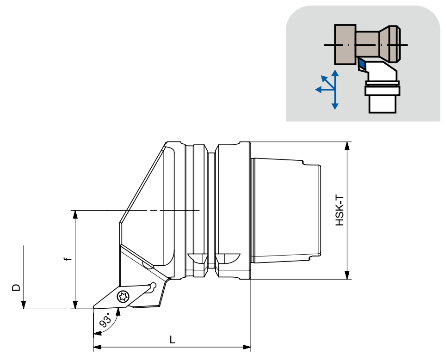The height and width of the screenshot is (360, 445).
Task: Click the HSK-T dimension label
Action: (x=340, y=210)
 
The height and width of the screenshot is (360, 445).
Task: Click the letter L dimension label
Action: (x=172, y=340)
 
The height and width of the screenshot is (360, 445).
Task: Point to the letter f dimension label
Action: (x=67, y=259)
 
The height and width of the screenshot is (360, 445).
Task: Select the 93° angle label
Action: (x=105, y=320)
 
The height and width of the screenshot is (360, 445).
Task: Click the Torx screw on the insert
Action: (x=123, y=297)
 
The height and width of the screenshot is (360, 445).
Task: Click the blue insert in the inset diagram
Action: (x=362, y=63)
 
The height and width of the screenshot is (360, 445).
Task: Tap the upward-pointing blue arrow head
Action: (x=335, y=73)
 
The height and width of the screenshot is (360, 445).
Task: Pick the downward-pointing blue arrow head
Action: (x=335, y=106)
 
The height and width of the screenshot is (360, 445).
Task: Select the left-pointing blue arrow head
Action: (x=318, y=90)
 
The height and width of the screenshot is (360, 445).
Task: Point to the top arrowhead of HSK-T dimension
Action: (x=347, y=146)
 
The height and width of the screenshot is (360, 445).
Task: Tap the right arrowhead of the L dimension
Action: (x=247, y=347)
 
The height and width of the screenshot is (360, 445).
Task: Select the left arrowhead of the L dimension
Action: (x=97, y=347)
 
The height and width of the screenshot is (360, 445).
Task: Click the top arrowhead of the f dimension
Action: (x=75, y=214)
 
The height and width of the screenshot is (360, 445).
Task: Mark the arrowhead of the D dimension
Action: (x=24, y=305)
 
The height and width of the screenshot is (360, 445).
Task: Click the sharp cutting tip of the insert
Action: (x=93, y=307)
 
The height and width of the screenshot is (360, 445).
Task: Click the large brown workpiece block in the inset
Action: (x=345, y=44)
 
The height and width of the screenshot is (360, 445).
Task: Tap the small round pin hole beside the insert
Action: (x=153, y=285)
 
